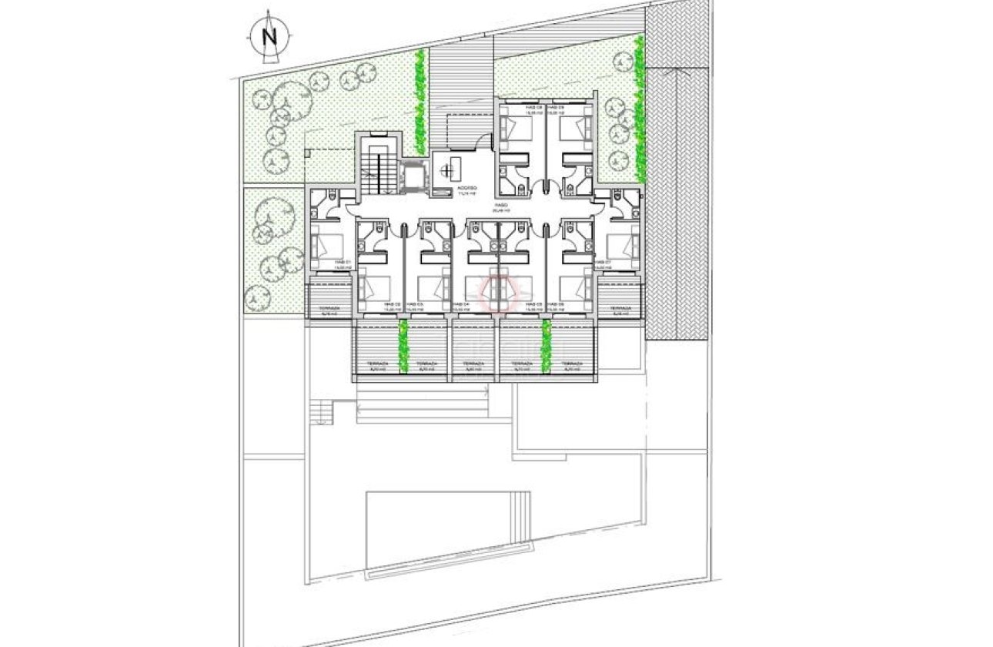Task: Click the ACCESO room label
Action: [x=466, y=189]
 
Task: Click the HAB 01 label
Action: [x=343, y=263]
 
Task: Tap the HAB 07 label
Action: [x=603, y=263]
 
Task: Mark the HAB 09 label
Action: [x=557, y=107]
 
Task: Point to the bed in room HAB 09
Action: [x=572, y=127]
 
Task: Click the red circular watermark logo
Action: [x=496, y=292]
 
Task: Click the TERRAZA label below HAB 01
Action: [x=329, y=309]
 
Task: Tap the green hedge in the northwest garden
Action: [x=419, y=100]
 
